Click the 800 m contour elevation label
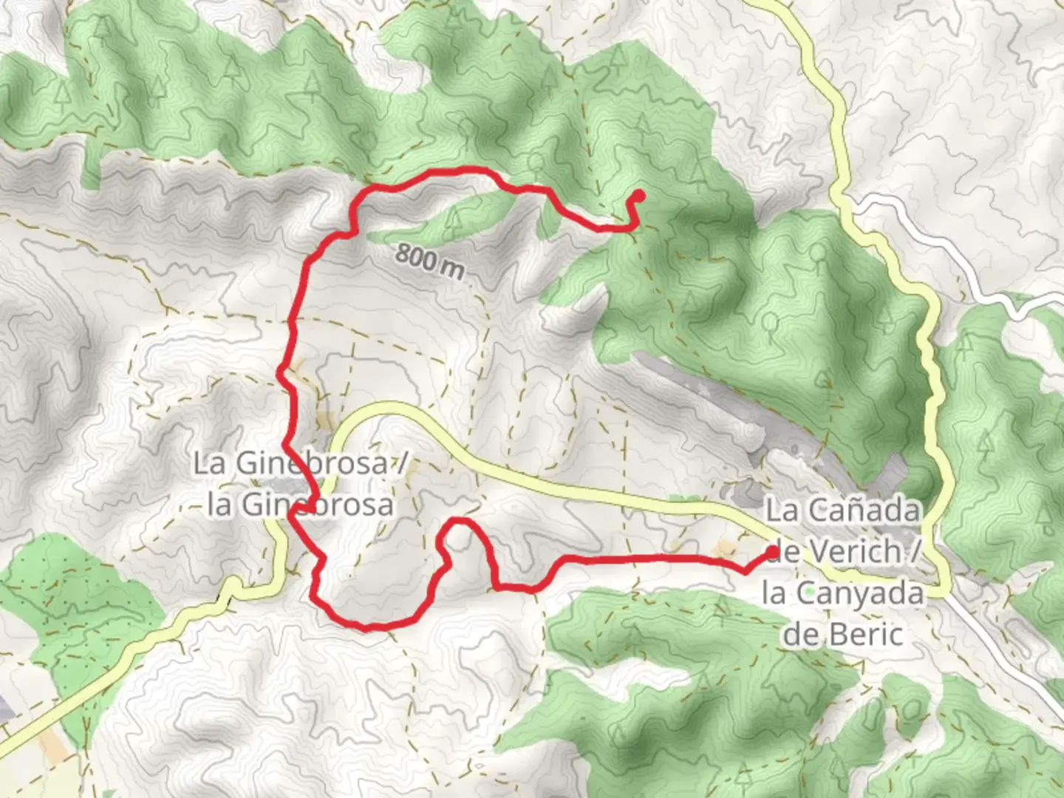(429, 261)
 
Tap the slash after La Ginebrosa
(402, 464)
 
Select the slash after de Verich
(915, 551)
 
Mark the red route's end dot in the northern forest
(638, 196)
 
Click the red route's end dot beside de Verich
(773, 551)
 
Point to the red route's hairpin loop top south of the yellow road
(460, 522)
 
